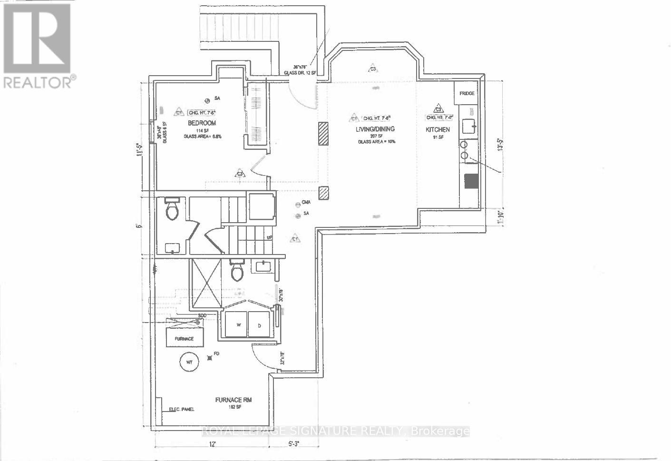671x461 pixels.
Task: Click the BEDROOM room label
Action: tap(202, 123)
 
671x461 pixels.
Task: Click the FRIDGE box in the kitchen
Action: tap(467, 94)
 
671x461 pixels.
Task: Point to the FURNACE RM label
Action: tap(233, 400)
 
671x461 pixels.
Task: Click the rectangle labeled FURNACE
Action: tap(185, 338)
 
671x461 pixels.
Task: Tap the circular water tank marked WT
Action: tap(189, 363)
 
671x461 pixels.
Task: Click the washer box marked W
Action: tap(236, 325)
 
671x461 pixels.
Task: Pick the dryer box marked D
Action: tap(259, 325)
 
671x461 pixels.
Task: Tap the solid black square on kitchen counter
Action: tap(471, 181)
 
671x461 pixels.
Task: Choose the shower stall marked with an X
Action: tap(205, 284)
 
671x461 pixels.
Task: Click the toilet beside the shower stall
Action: tap(236, 271)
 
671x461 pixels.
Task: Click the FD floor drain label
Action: tap(216, 353)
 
